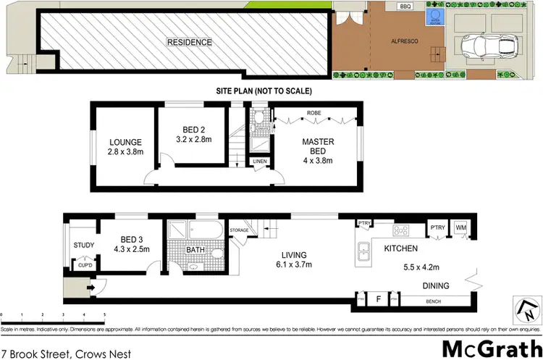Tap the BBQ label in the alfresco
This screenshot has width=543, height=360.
pyautogui.click(x=405, y=7)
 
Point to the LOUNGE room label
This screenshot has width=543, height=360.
pyautogui.click(x=125, y=142)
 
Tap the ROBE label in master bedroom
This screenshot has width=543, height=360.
pyautogui.click(x=313, y=113)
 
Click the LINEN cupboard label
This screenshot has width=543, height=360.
pyautogui.click(x=260, y=160)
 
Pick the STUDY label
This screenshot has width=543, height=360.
pyautogui.click(x=84, y=245)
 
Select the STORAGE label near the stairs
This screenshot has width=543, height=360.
pyautogui.click(x=240, y=231)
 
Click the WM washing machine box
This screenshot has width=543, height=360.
pyautogui.click(x=460, y=228)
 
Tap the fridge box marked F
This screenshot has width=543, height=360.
pyautogui.click(x=378, y=298)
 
